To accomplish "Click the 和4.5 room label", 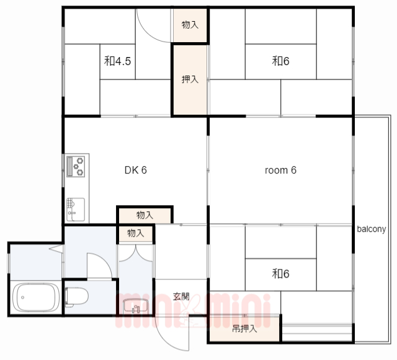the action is coord(117,61).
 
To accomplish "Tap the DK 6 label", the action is coord(136,170).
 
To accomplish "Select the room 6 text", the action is coord(280,170).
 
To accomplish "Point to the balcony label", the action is coord(372,229).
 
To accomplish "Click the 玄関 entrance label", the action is coord(181,296).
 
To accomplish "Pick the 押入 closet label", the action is coord(190,79).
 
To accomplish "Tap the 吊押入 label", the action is coord(244,329).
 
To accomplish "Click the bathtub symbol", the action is coord(36,297).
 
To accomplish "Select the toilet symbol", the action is coord(76,297).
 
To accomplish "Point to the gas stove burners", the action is coord(76,167).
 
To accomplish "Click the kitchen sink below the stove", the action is coord(76,209).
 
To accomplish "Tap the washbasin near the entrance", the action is coord(136,306).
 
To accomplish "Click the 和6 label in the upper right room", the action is coord(280,61).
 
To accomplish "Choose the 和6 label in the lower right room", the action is coord(280,274).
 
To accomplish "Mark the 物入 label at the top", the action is coord(190,25).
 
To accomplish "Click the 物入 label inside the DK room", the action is coord(145,215).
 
